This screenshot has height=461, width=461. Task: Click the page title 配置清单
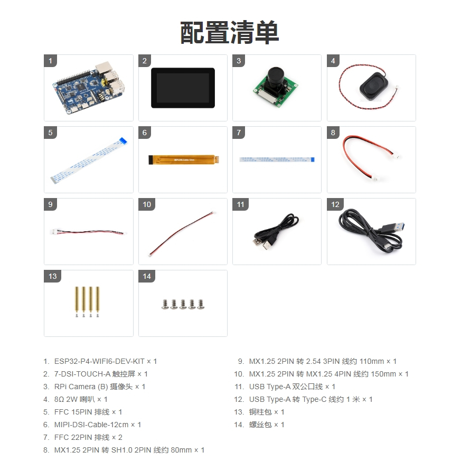tap(230, 33)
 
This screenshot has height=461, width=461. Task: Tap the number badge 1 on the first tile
tap(50, 61)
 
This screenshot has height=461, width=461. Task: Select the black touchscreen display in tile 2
tap(183, 88)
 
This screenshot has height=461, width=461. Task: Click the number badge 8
tap(333, 133)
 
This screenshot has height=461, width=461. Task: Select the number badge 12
tap(335, 205)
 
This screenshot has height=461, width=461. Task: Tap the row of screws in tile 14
tap(183, 304)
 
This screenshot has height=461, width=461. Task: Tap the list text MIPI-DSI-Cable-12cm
tap(90, 425)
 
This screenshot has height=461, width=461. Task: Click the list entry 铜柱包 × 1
tap(267, 412)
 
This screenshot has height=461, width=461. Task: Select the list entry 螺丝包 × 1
tap(267, 425)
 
